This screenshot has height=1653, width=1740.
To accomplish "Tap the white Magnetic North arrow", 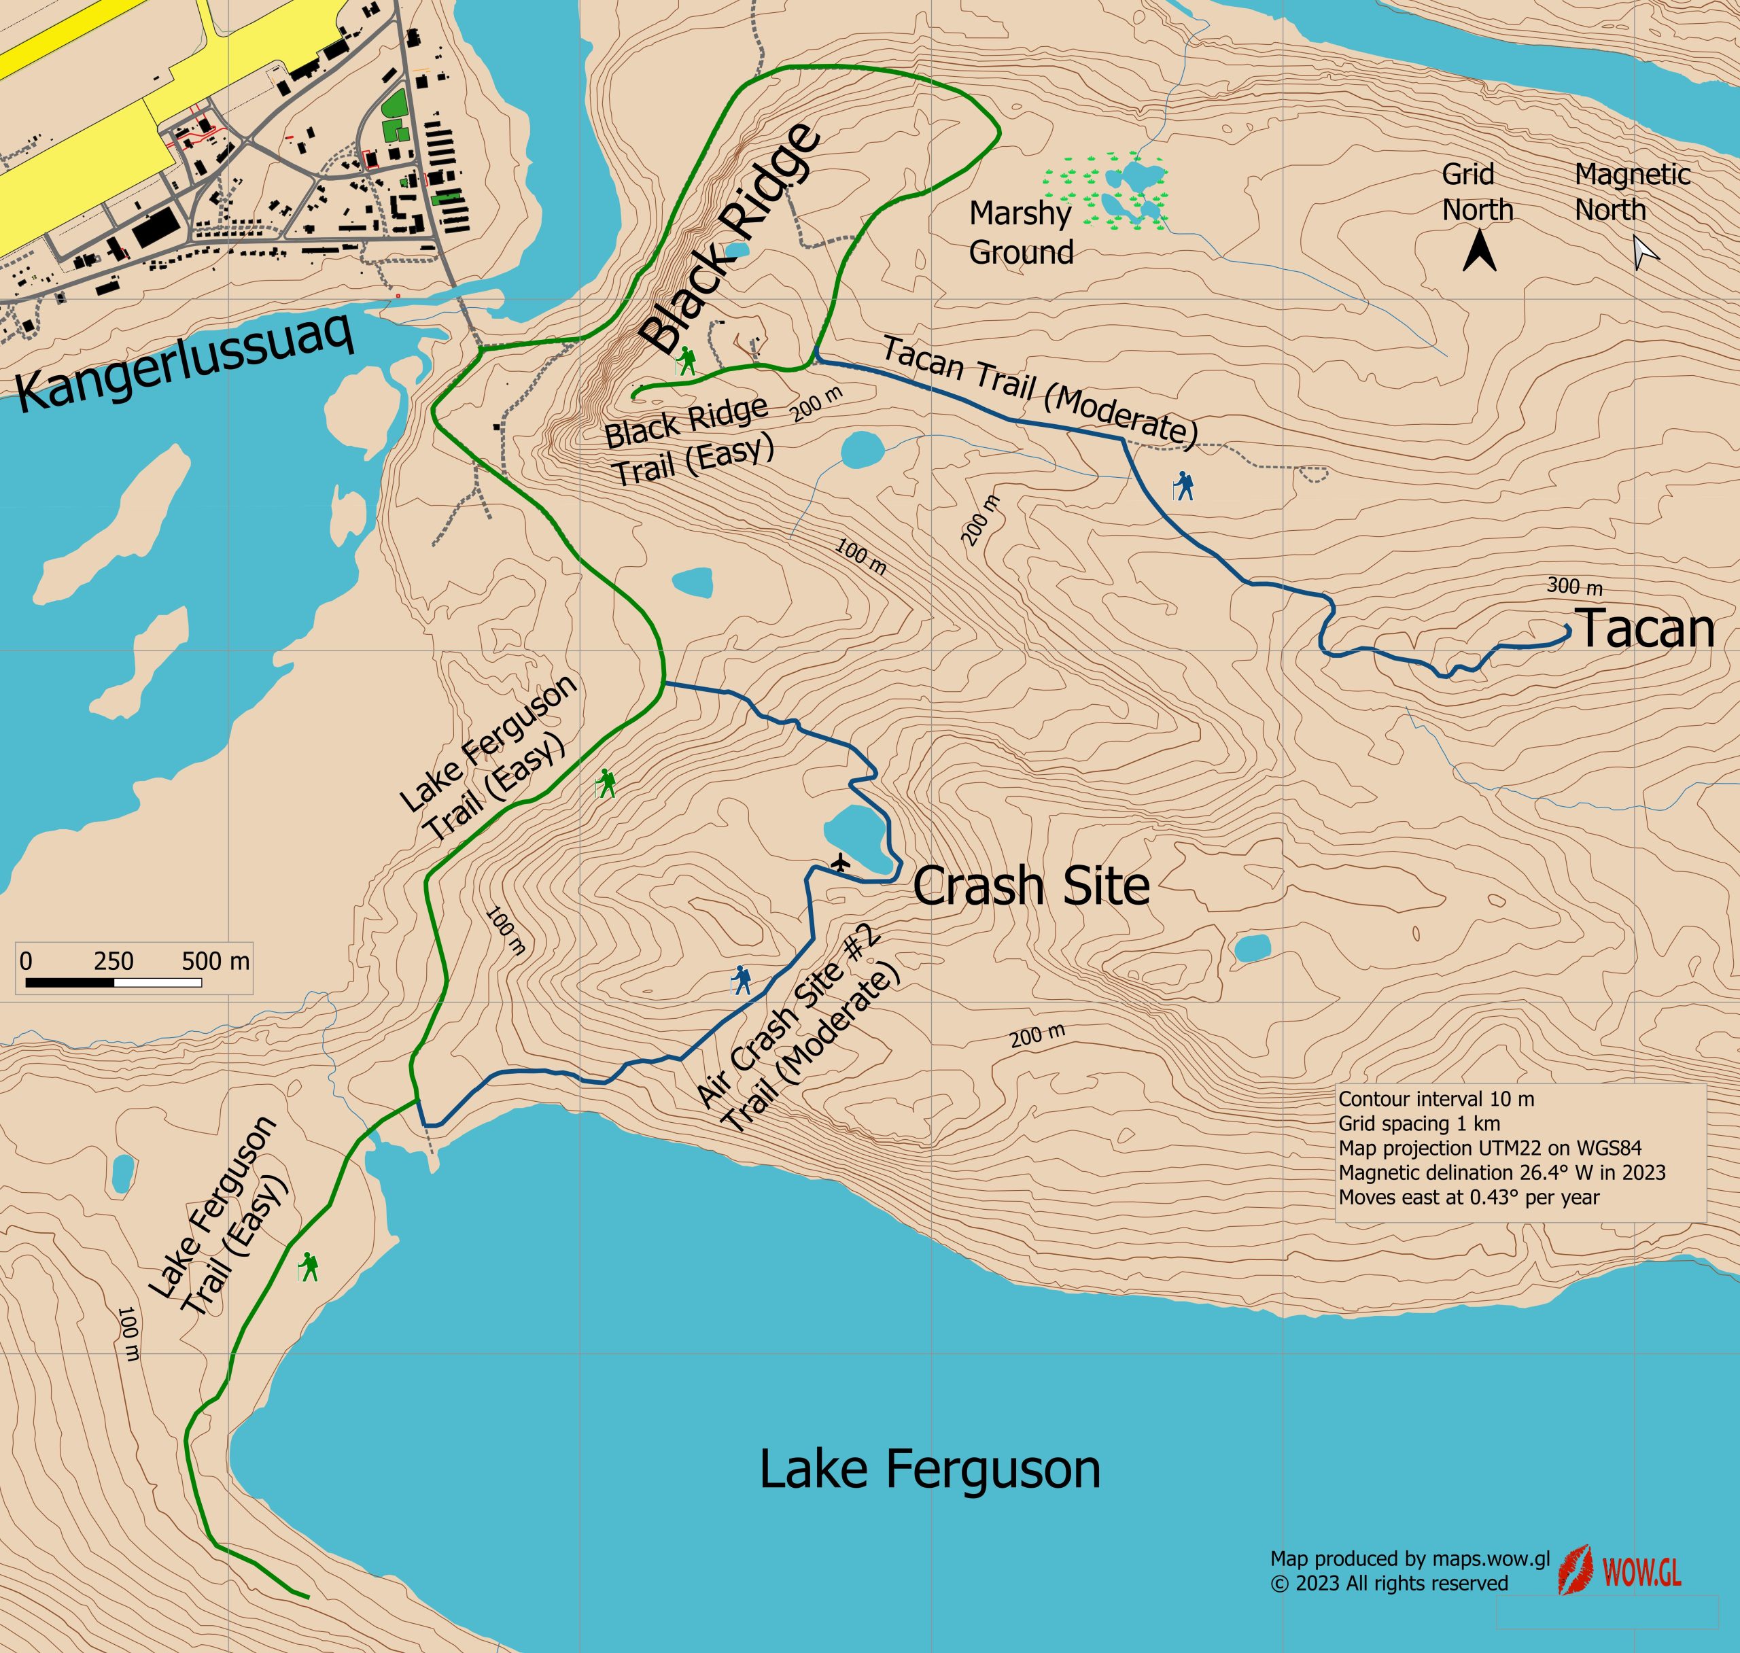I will (x=1645, y=252).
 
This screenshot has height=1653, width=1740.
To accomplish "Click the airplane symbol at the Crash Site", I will (x=841, y=861).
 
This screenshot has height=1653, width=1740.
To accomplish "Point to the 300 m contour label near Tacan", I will (x=1574, y=586).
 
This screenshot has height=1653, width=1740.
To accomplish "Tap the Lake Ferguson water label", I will (x=929, y=1469).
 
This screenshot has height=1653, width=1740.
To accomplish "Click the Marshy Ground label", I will (x=1020, y=232).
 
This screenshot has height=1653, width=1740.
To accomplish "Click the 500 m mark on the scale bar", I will (x=215, y=960).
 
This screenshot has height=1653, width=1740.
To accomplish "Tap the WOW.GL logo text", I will (x=1641, y=1572).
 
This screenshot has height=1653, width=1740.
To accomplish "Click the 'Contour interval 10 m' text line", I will (x=1436, y=1099).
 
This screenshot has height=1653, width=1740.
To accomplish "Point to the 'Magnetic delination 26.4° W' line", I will (x=1501, y=1172).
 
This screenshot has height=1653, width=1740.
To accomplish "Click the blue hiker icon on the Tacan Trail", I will (x=1184, y=485).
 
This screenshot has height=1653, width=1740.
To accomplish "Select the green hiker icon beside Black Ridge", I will (x=686, y=360).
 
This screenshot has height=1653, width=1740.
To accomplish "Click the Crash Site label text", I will (x=1031, y=886).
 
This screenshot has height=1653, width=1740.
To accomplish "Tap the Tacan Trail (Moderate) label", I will (x=1040, y=390).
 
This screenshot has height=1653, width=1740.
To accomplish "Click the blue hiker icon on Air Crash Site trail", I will (x=741, y=980).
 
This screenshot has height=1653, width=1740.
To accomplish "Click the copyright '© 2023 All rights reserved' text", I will (x=1389, y=1584).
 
